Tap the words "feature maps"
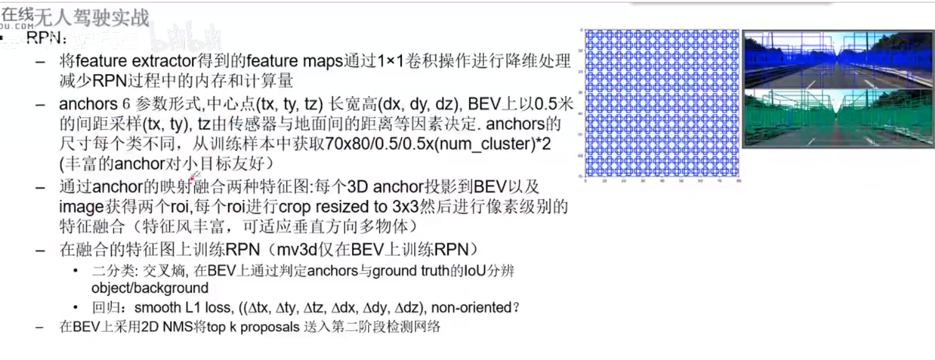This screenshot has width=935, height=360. (x=295, y=62)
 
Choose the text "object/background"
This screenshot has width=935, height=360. (x=150, y=288)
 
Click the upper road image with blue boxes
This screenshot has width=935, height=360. (x=838, y=59)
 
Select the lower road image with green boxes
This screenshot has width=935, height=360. (x=838, y=118)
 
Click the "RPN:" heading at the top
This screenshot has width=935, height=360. (x=46, y=39)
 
